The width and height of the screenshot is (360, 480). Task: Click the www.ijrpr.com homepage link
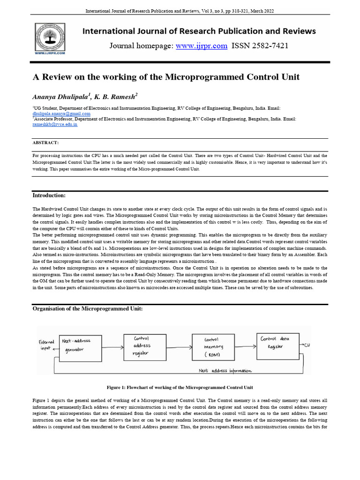[x=202, y=46]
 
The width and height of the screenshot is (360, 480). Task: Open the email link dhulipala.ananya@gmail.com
[x=61, y=114]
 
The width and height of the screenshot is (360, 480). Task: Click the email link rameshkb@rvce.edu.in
[x=55, y=125]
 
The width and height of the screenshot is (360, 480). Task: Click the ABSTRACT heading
[x=45, y=142]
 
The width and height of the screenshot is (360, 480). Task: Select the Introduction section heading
[x=49, y=195]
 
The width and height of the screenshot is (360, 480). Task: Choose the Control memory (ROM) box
[x=213, y=347]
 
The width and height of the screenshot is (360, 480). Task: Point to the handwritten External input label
[x=46, y=345]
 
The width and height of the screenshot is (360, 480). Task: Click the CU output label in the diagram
[x=307, y=345]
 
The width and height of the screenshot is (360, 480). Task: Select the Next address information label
[x=225, y=371]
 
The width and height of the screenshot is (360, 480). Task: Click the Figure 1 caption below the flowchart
[x=180, y=388]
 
